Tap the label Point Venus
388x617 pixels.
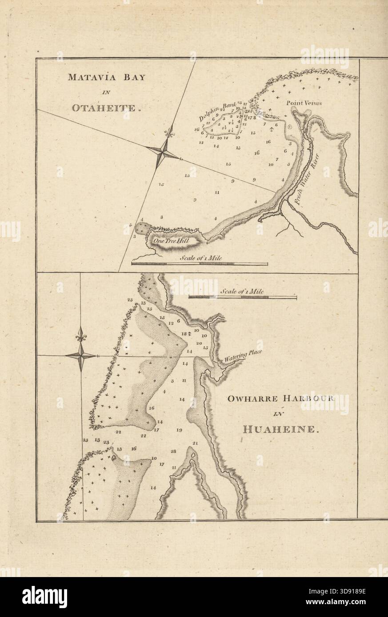304,103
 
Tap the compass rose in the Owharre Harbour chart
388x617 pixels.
81,355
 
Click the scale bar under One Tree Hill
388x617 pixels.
200,264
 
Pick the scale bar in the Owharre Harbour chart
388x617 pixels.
243,298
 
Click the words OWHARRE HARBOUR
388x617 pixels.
280,398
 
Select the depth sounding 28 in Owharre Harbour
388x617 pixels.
173,451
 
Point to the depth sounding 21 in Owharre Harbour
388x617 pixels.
195,443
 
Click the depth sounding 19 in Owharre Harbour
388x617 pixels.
179,430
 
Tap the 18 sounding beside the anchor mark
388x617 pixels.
183,334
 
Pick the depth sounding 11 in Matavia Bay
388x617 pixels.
217,193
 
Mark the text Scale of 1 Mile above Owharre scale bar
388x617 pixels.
242,292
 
